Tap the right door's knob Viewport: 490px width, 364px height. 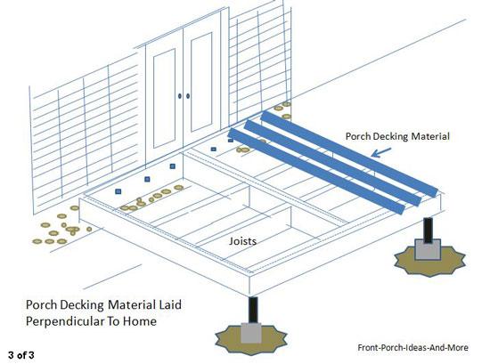188,95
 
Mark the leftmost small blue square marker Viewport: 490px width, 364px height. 118,191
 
